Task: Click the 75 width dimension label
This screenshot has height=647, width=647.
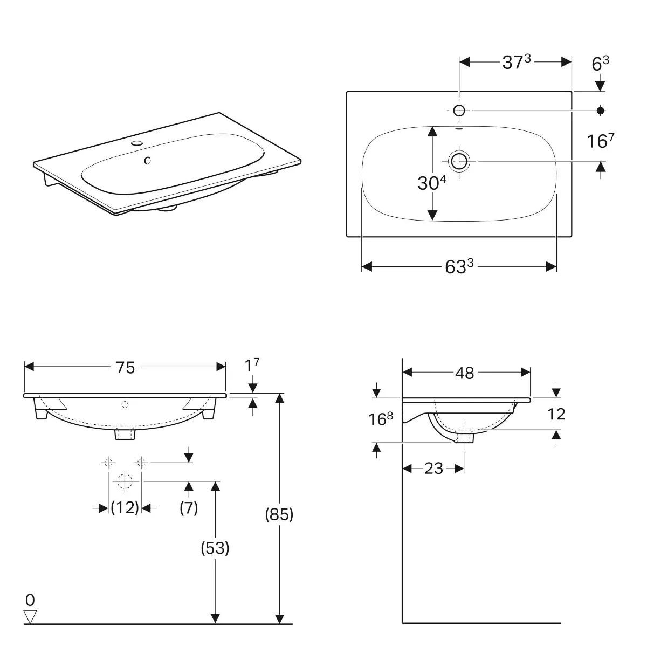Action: [x=125, y=367]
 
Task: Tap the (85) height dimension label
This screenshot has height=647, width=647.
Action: [x=279, y=514]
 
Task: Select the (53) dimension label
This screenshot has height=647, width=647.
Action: [x=215, y=548]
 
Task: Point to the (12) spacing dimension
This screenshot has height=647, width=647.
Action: [x=125, y=507]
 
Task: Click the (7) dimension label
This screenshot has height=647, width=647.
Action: [x=189, y=508]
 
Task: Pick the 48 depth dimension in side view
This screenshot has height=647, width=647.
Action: [x=465, y=373]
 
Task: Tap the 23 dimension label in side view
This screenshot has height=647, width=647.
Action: [x=433, y=469]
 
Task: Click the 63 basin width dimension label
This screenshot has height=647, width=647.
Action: [x=459, y=266]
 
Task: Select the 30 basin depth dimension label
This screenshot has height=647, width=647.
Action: [x=432, y=182]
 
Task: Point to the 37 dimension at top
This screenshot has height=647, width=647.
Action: [x=517, y=62]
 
